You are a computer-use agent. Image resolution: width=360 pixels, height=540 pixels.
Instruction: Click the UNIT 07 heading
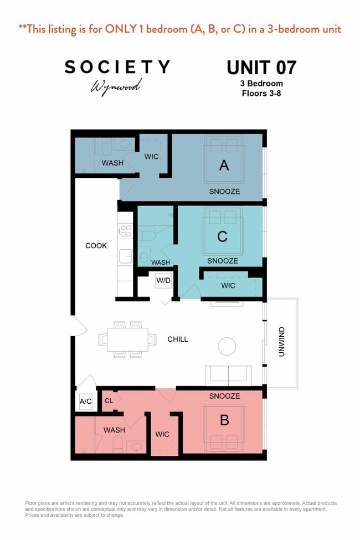261,68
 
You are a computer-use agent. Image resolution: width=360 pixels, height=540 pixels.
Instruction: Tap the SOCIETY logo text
117,67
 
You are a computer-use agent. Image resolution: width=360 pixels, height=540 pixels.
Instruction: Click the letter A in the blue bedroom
224,164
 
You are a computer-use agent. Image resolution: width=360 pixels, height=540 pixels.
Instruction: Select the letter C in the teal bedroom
222,237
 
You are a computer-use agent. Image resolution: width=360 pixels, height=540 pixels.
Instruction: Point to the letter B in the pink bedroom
224,420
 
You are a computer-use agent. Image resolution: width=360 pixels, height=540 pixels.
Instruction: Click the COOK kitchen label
96,246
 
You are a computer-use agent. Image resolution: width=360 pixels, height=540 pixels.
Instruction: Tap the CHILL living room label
178,340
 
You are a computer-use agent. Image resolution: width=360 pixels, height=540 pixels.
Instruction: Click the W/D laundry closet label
163,280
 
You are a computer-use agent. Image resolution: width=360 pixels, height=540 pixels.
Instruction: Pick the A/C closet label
85,402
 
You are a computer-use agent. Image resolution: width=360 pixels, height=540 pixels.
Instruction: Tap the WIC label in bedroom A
151,157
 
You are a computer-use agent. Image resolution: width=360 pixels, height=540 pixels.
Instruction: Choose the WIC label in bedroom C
228,286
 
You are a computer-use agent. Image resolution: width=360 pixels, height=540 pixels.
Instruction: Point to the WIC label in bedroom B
162,434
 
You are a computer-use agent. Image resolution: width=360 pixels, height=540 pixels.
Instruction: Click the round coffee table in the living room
227,346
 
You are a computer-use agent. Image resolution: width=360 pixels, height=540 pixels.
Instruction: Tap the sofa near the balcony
228,375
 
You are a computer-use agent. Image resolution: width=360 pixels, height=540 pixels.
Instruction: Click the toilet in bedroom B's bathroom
117,444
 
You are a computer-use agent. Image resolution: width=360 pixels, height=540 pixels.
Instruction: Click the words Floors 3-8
262,93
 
